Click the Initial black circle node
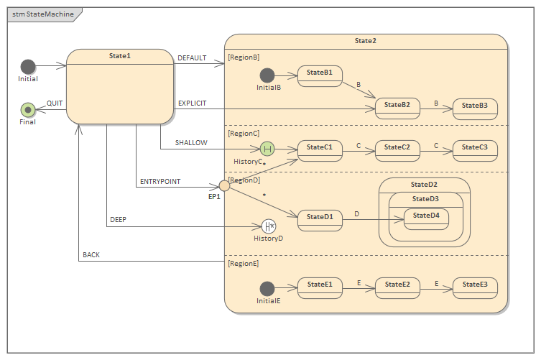click(x=28, y=67)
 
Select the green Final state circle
click(x=28, y=109)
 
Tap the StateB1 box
click(x=320, y=75)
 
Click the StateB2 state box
click(x=397, y=108)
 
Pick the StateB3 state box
click(x=474, y=108)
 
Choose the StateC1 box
click(x=320, y=150)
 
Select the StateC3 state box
click(x=474, y=150)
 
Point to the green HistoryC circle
click(x=267, y=149)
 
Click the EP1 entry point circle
click(x=224, y=185)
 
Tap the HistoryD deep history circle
click(x=269, y=226)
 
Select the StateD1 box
click(x=320, y=220)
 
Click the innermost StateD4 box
click(x=425, y=218)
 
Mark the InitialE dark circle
click(x=267, y=288)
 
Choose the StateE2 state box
click(x=397, y=288)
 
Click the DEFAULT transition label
click(x=192, y=58)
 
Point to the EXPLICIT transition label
click(x=192, y=103)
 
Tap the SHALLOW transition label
click(x=191, y=143)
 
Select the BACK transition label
click(x=91, y=255)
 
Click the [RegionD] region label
click(x=244, y=180)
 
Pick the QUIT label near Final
click(x=55, y=103)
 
